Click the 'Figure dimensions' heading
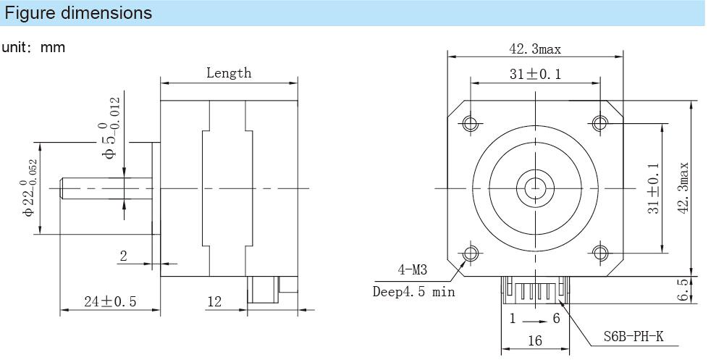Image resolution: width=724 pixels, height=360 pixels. coord(79,13)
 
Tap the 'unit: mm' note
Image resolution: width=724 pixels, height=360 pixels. coord(33,48)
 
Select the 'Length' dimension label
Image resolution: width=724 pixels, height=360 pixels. coord(229,72)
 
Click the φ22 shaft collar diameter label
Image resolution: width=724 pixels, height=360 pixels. coord(30,188)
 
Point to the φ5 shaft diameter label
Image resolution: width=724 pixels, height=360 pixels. coord(111,130)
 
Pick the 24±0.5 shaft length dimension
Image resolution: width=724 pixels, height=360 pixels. coord(110,302)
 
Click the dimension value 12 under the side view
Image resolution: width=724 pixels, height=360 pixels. coord(214,302)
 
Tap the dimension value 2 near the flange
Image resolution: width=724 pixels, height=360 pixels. coord(123,255)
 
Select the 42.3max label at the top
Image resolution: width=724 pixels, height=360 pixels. coord(535,49)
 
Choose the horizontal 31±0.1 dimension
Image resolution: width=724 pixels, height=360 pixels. coord(535,74)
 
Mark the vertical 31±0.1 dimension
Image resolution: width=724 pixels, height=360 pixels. coord(653,188)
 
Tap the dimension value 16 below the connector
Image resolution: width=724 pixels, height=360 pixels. coord(535,341)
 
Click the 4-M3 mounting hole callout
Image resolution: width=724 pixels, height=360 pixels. coord(413,271)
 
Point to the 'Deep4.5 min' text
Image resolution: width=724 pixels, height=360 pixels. coord(413,292)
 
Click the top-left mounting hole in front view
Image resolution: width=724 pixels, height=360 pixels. coord(471,123)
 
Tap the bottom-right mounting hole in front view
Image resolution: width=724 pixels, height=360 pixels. coord(599,253)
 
